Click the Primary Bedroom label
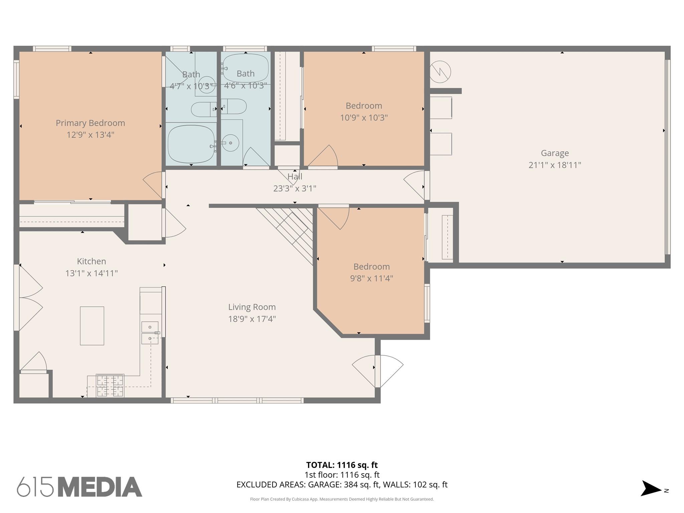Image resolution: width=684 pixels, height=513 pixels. pos(90,123)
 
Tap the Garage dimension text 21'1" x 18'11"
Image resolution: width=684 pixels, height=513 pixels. pos(555,165)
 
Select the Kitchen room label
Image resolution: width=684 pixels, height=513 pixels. pos(92,261)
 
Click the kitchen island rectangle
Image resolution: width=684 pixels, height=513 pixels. pos(92,326)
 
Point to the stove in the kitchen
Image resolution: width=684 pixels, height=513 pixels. pos(110,385)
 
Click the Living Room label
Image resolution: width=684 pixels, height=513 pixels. pos(252,307)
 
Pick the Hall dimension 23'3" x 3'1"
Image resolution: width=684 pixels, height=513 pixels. pos(295,189)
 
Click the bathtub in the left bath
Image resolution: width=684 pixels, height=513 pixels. pos(191,144)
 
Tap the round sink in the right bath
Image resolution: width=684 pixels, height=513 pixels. pos(230,143)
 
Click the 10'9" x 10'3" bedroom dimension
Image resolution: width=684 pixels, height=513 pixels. pos(364,118)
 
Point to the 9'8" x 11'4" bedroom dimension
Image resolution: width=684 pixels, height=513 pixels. pos(371,278)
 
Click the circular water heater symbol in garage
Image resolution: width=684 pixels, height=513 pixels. pos(440,72)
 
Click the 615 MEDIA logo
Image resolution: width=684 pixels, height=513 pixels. pos(79,487)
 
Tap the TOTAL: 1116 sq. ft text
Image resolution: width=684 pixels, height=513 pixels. pos(342,465)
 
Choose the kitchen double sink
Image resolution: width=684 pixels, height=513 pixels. pos(150,332)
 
